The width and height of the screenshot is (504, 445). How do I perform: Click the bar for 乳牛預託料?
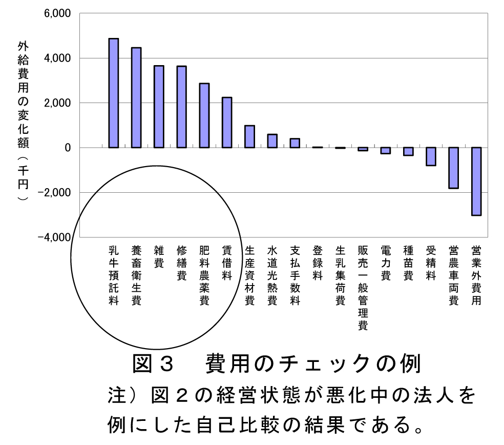click(x=114, y=93)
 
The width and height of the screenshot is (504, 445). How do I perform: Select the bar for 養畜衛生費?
click(x=136, y=98)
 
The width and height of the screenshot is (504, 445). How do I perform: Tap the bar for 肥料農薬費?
click(x=204, y=115)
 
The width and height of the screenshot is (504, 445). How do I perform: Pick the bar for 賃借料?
click(x=227, y=123)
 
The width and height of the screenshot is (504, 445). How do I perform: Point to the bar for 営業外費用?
click(x=476, y=181)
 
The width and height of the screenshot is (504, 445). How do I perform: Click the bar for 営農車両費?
click(x=453, y=168)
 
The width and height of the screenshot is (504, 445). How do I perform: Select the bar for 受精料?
click(x=431, y=156)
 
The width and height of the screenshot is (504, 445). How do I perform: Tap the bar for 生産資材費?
click(x=249, y=136)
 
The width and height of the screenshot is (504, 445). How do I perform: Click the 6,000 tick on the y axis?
click(x=57, y=13)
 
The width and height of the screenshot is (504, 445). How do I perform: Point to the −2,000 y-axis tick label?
click(x=55, y=193)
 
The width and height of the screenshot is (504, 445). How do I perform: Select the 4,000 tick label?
click(x=57, y=58)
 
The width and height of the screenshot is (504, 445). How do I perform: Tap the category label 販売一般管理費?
click(x=363, y=287)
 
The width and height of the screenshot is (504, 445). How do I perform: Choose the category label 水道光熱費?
click(x=272, y=275)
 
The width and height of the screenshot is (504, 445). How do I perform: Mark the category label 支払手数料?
click(x=295, y=275)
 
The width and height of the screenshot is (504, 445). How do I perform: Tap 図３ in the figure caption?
click(x=154, y=364)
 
